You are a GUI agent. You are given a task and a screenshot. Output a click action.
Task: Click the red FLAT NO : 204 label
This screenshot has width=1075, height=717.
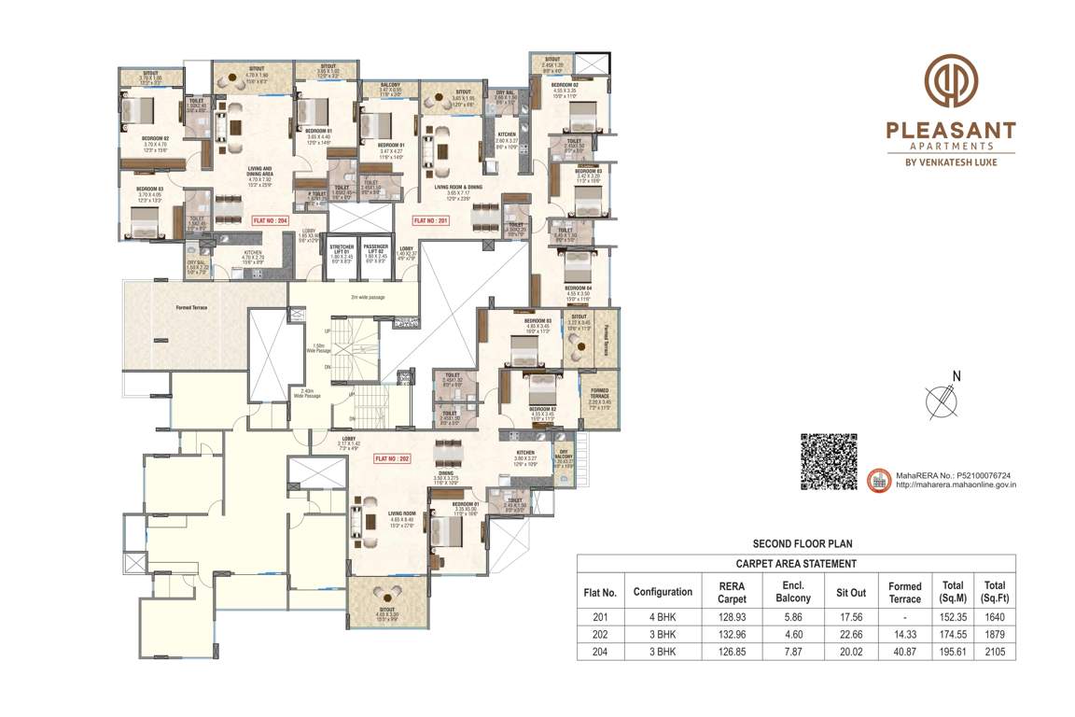[272, 222]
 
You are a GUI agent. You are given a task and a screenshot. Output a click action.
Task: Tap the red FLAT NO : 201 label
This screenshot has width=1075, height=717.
[431, 221]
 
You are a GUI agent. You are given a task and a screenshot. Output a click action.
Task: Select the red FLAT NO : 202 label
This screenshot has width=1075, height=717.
[392, 459]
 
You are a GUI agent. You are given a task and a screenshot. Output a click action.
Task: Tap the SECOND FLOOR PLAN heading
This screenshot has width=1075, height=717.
[802, 543]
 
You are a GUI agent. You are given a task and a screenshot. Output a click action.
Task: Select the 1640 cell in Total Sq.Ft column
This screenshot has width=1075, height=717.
[995, 616]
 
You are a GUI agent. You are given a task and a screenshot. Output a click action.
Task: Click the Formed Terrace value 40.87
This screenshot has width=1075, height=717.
[904, 651]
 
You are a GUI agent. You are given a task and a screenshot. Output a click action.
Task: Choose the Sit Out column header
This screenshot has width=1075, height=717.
[851, 592]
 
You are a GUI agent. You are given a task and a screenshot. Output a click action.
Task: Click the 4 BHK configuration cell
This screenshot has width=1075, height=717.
[662, 616]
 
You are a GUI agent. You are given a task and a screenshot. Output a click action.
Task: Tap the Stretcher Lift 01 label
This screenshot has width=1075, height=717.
[340, 251]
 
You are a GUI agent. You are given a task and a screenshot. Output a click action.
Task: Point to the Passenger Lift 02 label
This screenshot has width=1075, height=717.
[375, 251]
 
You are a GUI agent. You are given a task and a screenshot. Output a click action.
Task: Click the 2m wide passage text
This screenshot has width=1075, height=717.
[368, 297]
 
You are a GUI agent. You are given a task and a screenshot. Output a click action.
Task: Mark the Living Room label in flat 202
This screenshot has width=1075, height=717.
[401, 513]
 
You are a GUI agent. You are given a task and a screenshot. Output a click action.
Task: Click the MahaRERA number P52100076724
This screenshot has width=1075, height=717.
[956, 474]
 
